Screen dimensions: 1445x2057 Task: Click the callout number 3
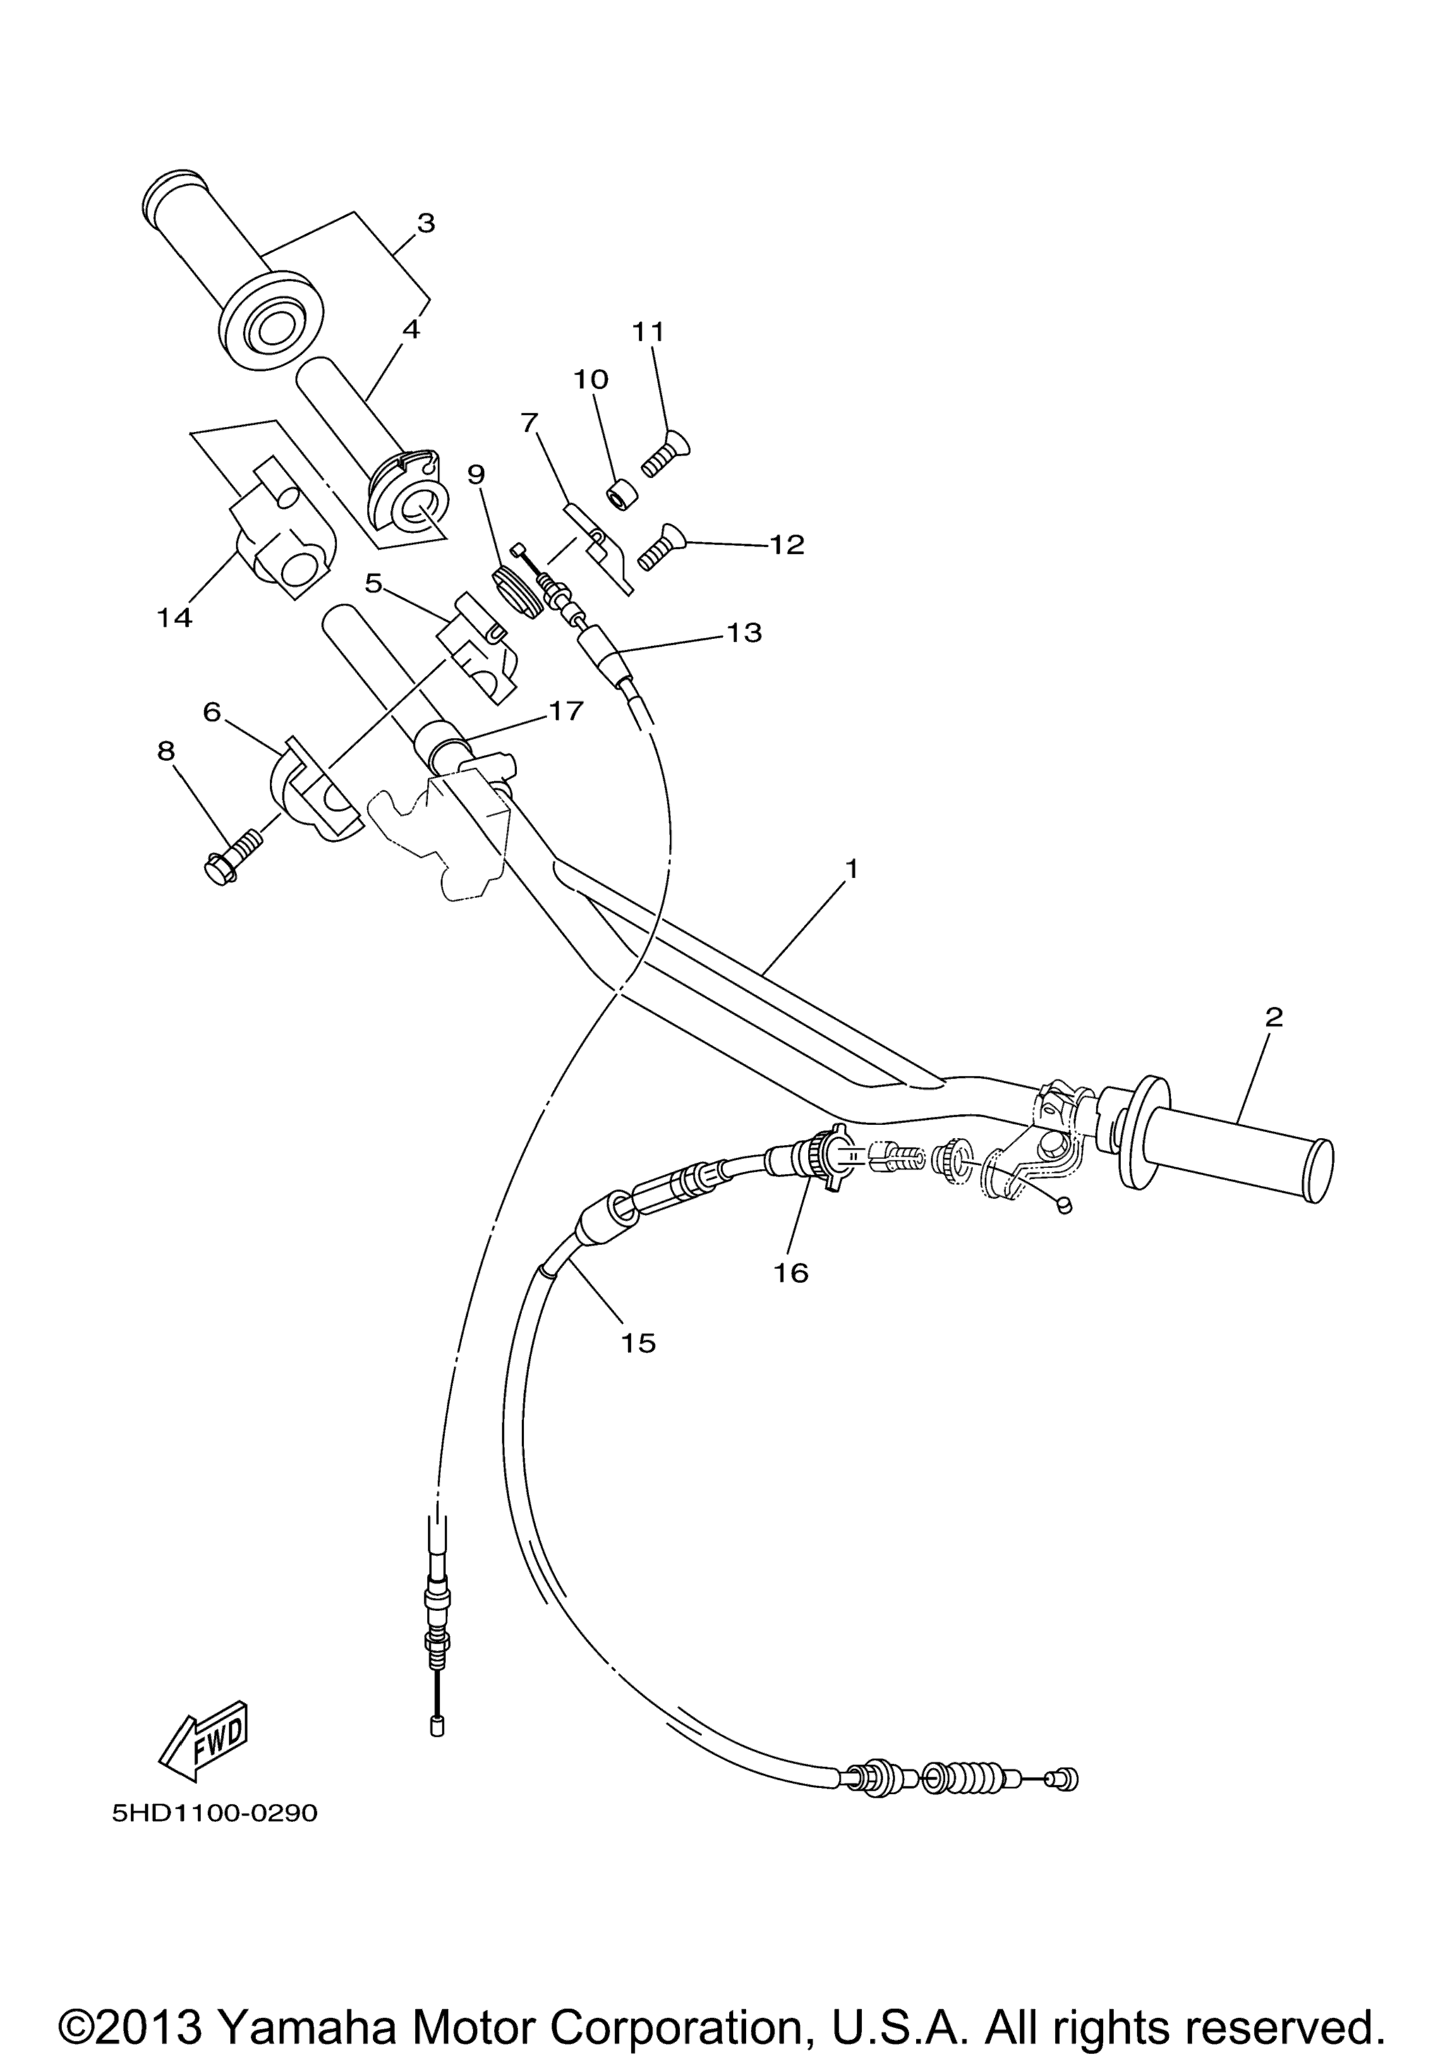425,222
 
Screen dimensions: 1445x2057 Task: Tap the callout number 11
648,332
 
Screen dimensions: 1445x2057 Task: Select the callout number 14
175,617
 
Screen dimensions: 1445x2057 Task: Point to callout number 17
565,710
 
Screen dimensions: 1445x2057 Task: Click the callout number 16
791,1271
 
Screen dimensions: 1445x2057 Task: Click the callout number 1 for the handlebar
851,868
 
